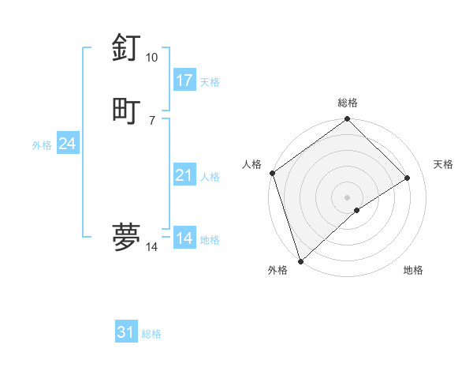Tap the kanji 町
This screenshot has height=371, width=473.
pyautogui.click(x=127, y=109)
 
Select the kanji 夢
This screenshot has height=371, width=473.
pyautogui.click(x=127, y=236)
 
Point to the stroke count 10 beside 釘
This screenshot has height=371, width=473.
pyautogui.click(x=151, y=58)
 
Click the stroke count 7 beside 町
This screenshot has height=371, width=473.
pyautogui.click(x=151, y=120)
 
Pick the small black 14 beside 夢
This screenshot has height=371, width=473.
pyautogui.click(x=151, y=247)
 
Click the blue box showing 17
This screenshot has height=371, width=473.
pyautogui.click(x=184, y=80)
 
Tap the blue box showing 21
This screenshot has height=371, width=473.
pyautogui.click(x=184, y=175)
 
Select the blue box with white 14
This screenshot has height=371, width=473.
pyautogui.click(x=184, y=238)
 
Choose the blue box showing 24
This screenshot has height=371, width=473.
pyautogui.click(x=67, y=144)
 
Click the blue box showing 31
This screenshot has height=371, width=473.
pyautogui.click(x=126, y=332)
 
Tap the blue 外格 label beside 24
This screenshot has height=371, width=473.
pyautogui.click(x=42, y=145)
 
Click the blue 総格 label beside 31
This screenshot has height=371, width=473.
pyautogui.click(x=151, y=335)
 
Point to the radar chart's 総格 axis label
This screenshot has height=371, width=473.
pyautogui.click(x=348, y=103)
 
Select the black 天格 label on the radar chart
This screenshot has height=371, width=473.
pyautogui.click(x=443, y=164)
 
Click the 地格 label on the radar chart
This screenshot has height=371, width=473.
pyautogui.click(x=413, y=270)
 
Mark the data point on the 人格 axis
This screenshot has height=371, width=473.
pyautogui.click(x=272, y=173)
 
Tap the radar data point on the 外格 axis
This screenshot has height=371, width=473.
pyautogui.click(x=300, y=261)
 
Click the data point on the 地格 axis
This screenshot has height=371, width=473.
pyautogui.click(x=357, y=210)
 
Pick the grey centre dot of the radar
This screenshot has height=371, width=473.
pyautogui.click(x=348, y=197)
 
